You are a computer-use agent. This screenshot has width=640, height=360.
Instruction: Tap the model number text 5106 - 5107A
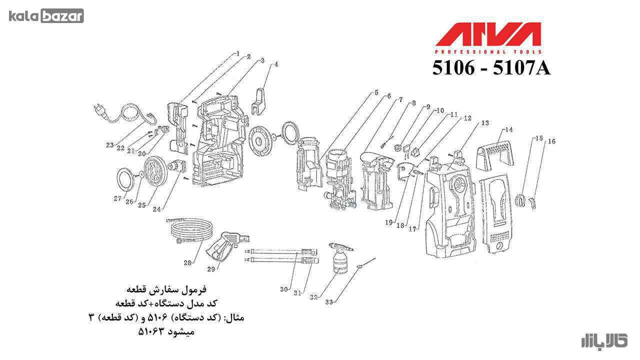point(491,68)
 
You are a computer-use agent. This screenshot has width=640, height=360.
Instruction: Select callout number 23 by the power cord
point(110,145)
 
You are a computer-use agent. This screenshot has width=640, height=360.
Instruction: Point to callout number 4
point(276,64)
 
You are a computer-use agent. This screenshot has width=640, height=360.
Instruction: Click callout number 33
point(329,301)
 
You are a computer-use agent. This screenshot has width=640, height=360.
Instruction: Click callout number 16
point(551,141)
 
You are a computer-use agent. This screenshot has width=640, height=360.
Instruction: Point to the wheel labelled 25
point(155,172)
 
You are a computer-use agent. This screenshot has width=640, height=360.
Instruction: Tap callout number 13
point(485,123)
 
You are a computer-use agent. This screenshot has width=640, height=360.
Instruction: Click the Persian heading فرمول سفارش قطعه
point(166,289)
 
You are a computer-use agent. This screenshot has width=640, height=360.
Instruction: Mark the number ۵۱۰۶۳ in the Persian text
point(151,331)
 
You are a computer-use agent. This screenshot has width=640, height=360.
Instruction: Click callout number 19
point(389,222)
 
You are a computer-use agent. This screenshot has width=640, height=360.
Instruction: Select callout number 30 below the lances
point(283,289)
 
